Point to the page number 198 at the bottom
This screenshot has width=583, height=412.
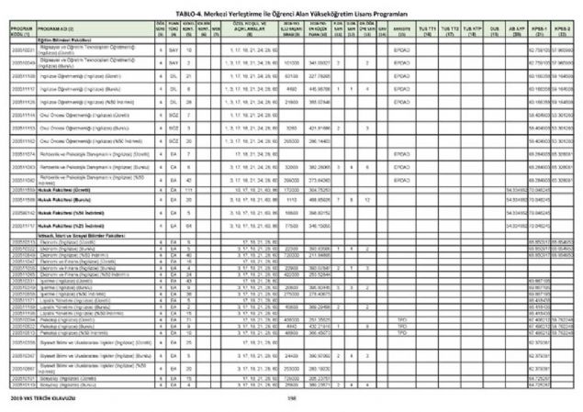pos(291,399)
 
